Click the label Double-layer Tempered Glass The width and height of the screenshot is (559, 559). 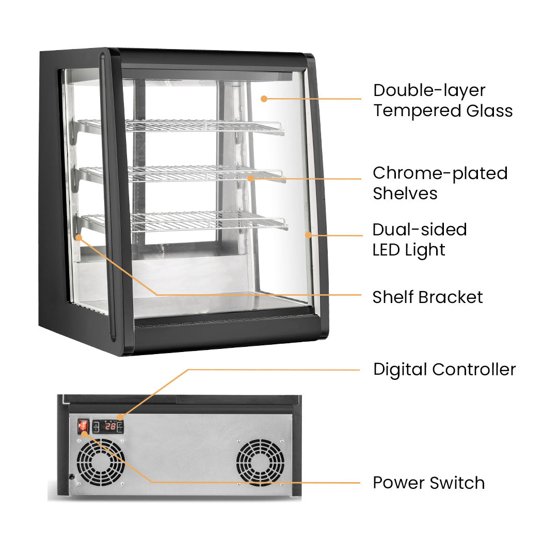(x=442, y=100)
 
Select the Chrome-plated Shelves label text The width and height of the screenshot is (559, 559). (x=440, y=183)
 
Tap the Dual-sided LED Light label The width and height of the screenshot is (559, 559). (x=419, y=239)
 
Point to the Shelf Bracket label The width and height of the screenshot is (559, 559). (x=427, y=297)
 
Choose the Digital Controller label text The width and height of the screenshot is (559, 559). (x=444, y=370)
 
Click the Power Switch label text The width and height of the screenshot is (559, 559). (x=428, y=483)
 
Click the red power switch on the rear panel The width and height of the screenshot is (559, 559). (x=83, y=426)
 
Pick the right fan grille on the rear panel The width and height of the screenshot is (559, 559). (x=261, y=462)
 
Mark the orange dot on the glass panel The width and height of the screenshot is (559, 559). (x=264, y=98)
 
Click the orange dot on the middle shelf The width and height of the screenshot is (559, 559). (x=250, y=178)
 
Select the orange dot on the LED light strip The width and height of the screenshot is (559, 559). (x=308, y=235)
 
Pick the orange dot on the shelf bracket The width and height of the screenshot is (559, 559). (x=79, y=237)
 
